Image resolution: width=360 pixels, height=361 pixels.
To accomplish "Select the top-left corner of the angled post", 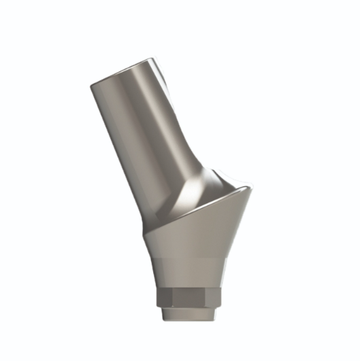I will pyautogui.click(x=91, y=86).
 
